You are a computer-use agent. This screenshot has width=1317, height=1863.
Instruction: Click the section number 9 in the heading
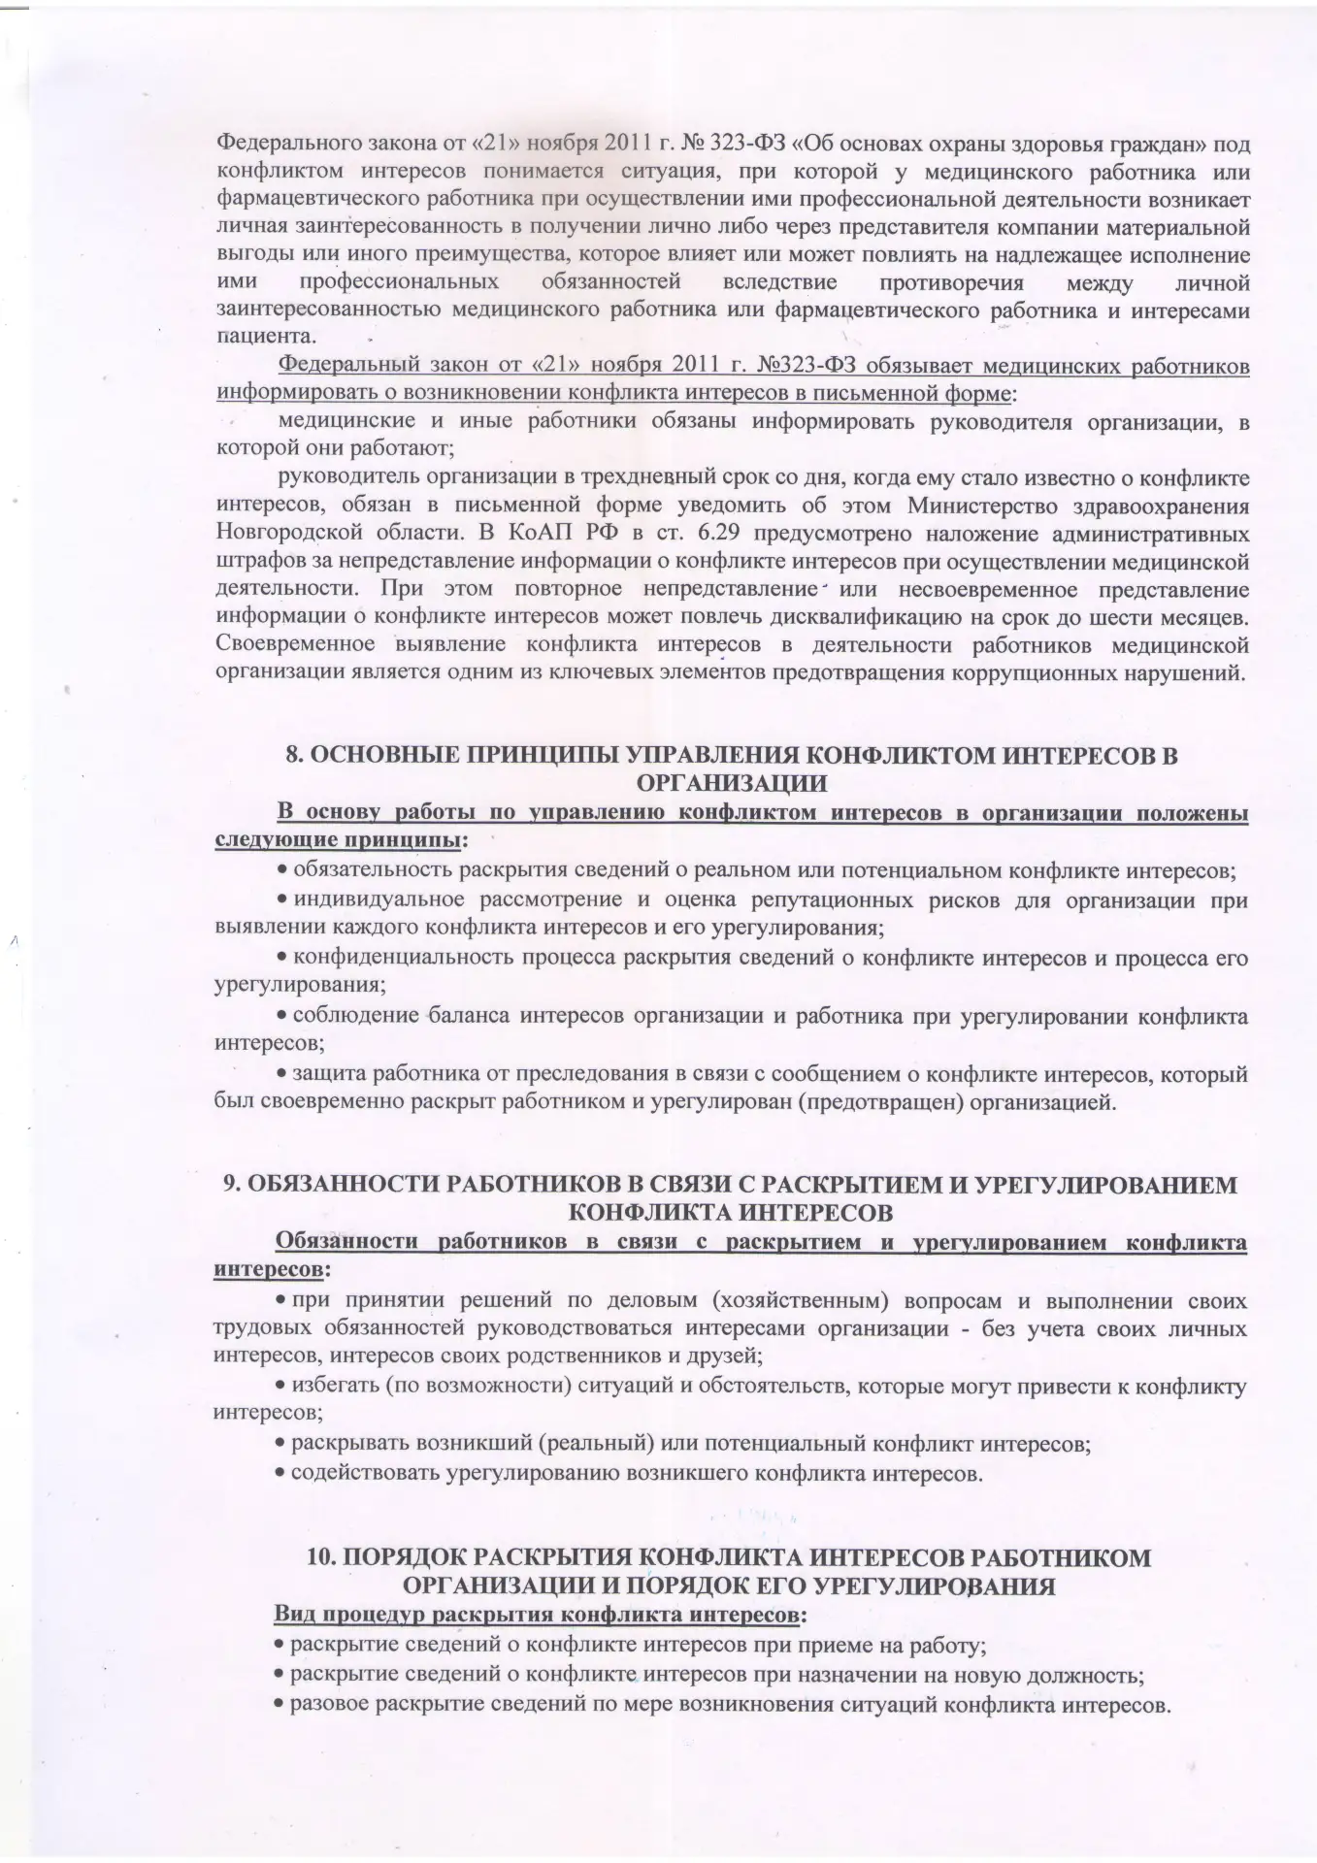pos(231,1185)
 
